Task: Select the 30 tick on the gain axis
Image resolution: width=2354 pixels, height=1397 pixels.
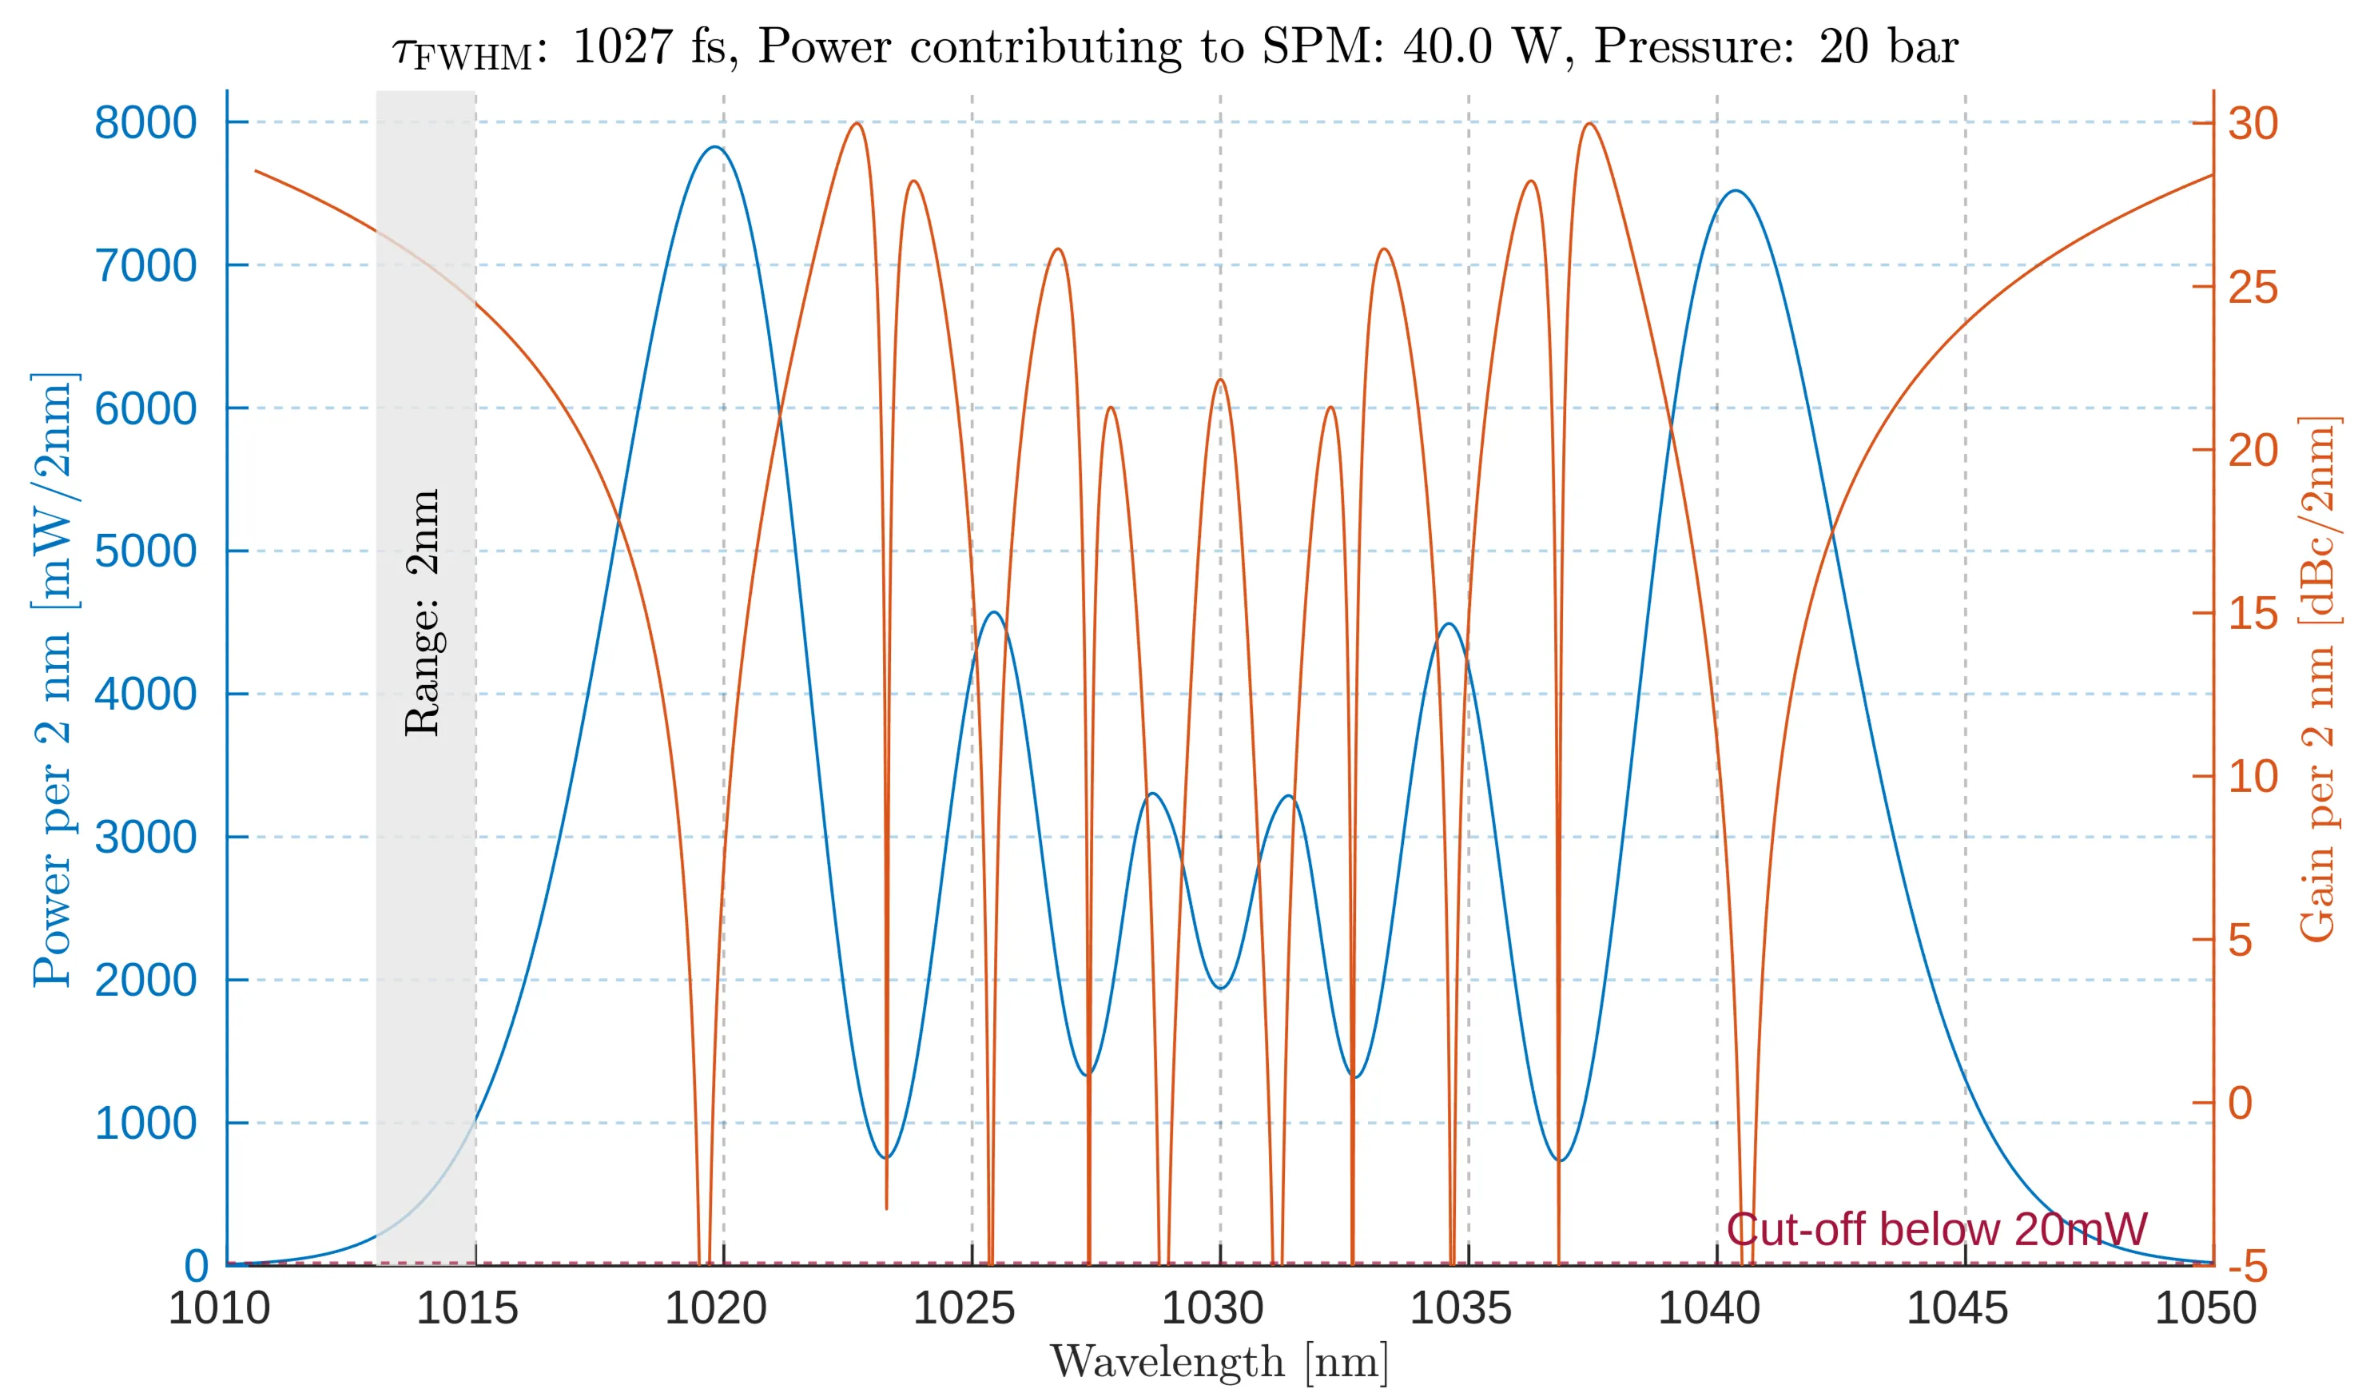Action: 2253,123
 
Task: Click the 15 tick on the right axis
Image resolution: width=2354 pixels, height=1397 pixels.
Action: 2253,614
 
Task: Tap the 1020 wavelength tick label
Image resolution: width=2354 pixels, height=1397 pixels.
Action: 715,1308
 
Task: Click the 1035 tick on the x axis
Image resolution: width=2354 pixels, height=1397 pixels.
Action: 1460,1308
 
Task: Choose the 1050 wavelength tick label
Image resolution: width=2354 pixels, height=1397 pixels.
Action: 2205,1308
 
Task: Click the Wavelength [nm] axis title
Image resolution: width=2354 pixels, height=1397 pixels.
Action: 1219,1362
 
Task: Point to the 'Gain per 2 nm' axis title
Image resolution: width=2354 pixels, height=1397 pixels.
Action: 2317,678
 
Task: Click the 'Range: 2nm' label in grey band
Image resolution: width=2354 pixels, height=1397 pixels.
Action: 423,612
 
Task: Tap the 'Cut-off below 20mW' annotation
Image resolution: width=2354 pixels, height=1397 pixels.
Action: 1937,1229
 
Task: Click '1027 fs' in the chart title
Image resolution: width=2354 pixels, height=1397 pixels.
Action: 650,46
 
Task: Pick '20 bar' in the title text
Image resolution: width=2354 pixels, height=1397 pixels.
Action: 1888,46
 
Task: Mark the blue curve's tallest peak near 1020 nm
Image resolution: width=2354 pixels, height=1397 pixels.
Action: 715,147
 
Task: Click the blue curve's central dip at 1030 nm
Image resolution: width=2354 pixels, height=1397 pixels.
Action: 1221,989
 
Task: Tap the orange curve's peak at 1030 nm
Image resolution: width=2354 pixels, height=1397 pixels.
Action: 1221,380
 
